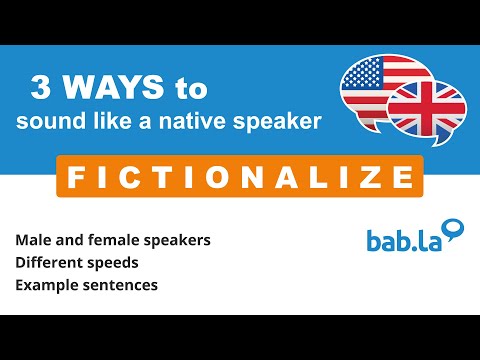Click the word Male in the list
32,241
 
